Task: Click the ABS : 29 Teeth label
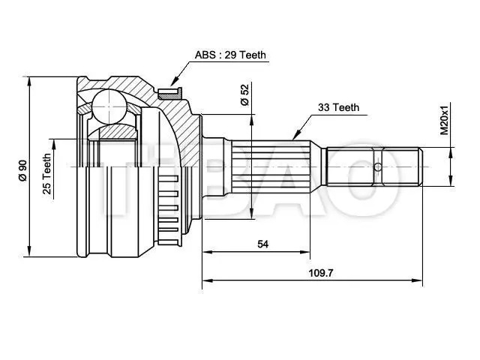click(x=230, y=55)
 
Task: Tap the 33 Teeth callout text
click(x=338, y=107)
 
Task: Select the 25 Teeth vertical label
click(x=46, y=174)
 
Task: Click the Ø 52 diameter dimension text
click(x=245, y=94)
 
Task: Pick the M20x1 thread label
click(x=443, y=120)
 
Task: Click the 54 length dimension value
click(x=262, y=244)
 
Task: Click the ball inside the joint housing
click(x=110, y=106)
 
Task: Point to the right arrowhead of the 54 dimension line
click(x=309, y=253)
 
